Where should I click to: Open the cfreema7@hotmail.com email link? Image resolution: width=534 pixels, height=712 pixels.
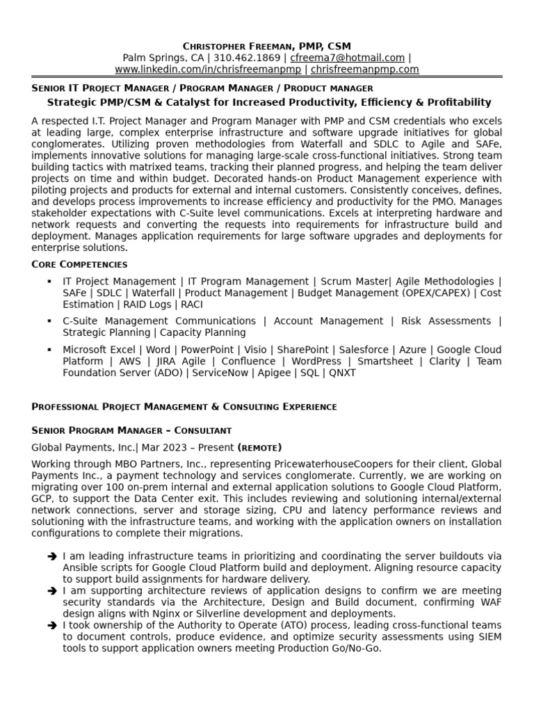pos(348,58)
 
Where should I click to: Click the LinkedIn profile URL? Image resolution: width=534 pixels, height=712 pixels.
pos(208,70)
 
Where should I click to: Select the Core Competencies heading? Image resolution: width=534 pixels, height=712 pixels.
pos(79,264)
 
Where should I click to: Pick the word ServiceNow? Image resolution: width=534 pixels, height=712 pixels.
pos(222,373)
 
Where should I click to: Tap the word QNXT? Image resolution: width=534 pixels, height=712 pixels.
pos(341,373)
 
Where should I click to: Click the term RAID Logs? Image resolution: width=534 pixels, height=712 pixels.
pos(146,305)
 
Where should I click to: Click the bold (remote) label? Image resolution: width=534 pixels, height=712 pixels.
pos(259,447)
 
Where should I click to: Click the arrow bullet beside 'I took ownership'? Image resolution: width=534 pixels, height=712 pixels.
pos(52,625)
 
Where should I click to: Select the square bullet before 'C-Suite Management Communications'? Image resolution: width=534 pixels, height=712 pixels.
pos(49,321)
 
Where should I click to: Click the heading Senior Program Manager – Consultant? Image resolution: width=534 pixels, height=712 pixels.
pos(131,430)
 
